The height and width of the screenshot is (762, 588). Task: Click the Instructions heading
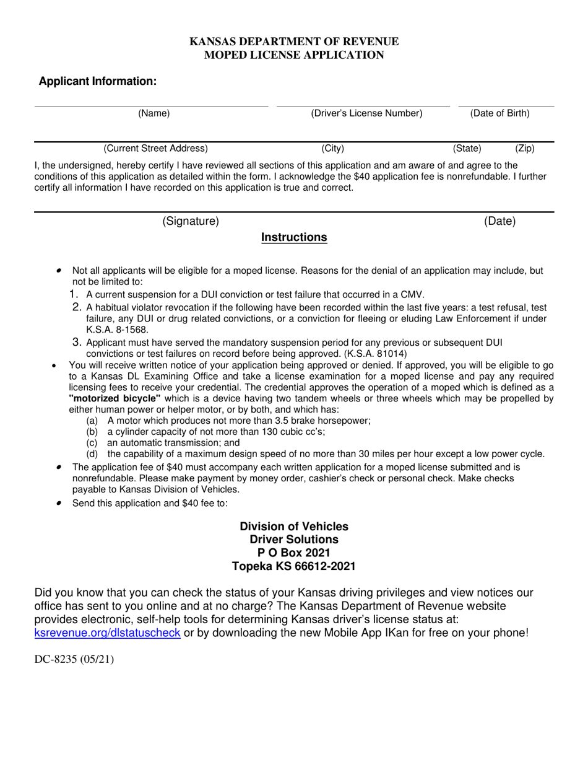click(x=294, y=237)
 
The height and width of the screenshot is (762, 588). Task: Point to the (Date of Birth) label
click(x=499, y=113)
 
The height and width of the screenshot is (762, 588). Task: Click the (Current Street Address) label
click(x=155, y=148)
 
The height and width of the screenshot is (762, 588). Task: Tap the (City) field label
click(x=332, y=148)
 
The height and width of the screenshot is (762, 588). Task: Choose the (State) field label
click(x=467, y=148)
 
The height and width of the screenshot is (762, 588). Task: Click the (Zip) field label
click(x=525, y=148)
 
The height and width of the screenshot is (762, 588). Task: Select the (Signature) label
click(x=191, y=221)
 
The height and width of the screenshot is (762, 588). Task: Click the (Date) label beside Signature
click(x=499, y=221)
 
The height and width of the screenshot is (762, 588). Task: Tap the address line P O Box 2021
click(x=294, y=553)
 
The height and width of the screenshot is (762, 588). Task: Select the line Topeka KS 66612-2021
click(x=294, y=566)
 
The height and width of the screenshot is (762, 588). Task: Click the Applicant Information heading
click(x=98, y=81)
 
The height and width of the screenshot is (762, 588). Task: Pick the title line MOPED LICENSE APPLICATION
click(x=294, y=55)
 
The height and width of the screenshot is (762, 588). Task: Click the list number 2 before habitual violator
click(x=77, y=307)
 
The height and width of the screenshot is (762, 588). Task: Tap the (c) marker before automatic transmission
click(x=92, y=443)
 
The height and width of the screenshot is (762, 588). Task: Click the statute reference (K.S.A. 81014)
click(x=364, y=353)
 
